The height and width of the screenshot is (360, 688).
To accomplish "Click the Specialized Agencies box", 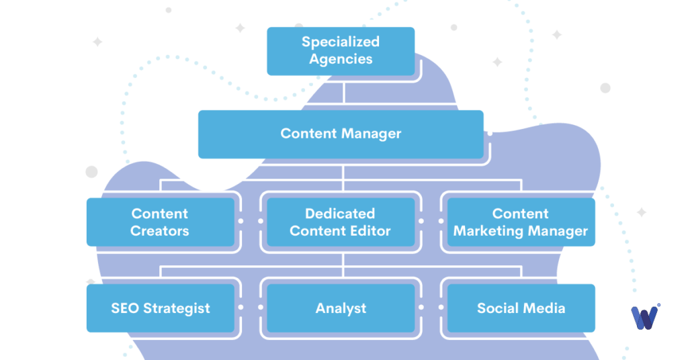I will (x=341, y=50).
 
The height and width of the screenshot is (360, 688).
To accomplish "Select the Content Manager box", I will (x=341, y=133).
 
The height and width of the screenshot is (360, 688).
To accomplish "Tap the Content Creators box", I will (x=160, y=222).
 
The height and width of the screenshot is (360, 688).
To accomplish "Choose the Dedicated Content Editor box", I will (x=341, y=222).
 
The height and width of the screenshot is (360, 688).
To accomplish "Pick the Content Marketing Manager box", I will (x=521, y=222).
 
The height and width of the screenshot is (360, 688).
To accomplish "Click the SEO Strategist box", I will (x=160, y=308).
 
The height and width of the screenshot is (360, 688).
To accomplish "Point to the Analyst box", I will (x=341, y=308).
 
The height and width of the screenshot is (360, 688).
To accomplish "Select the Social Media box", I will (x=521, y=308).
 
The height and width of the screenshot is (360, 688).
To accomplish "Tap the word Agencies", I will (x=341, y=59).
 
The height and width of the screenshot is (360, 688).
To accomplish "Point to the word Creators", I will (x=160, y=231).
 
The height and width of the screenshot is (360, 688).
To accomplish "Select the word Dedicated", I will (x=341, y=214).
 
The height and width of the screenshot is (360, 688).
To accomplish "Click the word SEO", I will (x=124, y=308).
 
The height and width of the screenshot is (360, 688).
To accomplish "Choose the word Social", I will (x=497, y=308).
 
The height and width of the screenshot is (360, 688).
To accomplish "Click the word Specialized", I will (x=341, y=42).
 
